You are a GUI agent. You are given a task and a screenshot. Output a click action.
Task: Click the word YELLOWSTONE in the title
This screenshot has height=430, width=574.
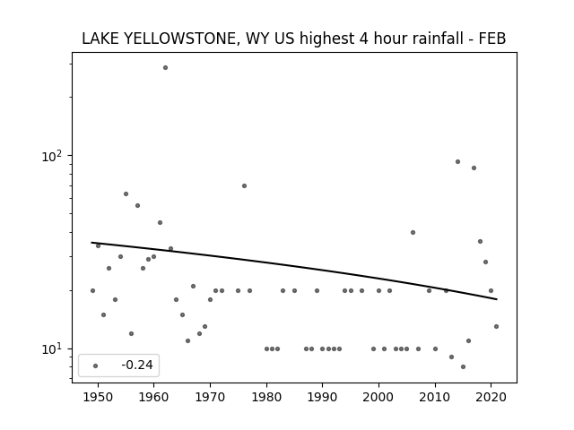(x=179, y=39)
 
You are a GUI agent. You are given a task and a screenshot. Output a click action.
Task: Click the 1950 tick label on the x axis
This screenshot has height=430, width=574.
(x=98, y=397)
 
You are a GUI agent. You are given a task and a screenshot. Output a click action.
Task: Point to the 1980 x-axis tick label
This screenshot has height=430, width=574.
(x=266, y=397)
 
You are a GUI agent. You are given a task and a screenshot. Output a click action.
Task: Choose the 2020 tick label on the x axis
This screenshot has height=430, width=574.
(x=491, y=397)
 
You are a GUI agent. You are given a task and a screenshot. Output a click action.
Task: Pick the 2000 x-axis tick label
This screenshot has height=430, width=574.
(x=378, y=397)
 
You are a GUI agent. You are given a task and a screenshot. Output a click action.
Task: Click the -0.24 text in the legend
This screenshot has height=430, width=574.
(x=137, y=365)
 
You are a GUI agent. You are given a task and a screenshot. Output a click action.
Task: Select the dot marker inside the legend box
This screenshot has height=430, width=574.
(x=96, y=365)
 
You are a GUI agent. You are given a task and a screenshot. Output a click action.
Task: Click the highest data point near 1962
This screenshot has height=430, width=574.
(x=165, y=68)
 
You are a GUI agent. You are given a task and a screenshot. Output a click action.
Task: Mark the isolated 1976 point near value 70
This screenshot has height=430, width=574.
(x=244, y=185)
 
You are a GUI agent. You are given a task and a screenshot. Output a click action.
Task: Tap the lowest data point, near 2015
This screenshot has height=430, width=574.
(x=463, y=366)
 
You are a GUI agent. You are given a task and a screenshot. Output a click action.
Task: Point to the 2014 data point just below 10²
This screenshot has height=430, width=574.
(x=457, y=161)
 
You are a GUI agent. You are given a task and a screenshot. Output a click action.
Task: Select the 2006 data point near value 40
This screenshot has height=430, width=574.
(x=413, y=232)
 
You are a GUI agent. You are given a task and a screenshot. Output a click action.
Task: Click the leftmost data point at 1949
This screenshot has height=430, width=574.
(x=92, y=290)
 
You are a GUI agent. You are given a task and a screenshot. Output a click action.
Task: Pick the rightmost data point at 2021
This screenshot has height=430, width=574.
(x=496, y=326)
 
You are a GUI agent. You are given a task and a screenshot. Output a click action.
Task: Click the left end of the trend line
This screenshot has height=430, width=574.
(x=91, y=243)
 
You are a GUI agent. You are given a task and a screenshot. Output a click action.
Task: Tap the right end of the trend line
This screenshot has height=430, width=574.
(x=497, y=299)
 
